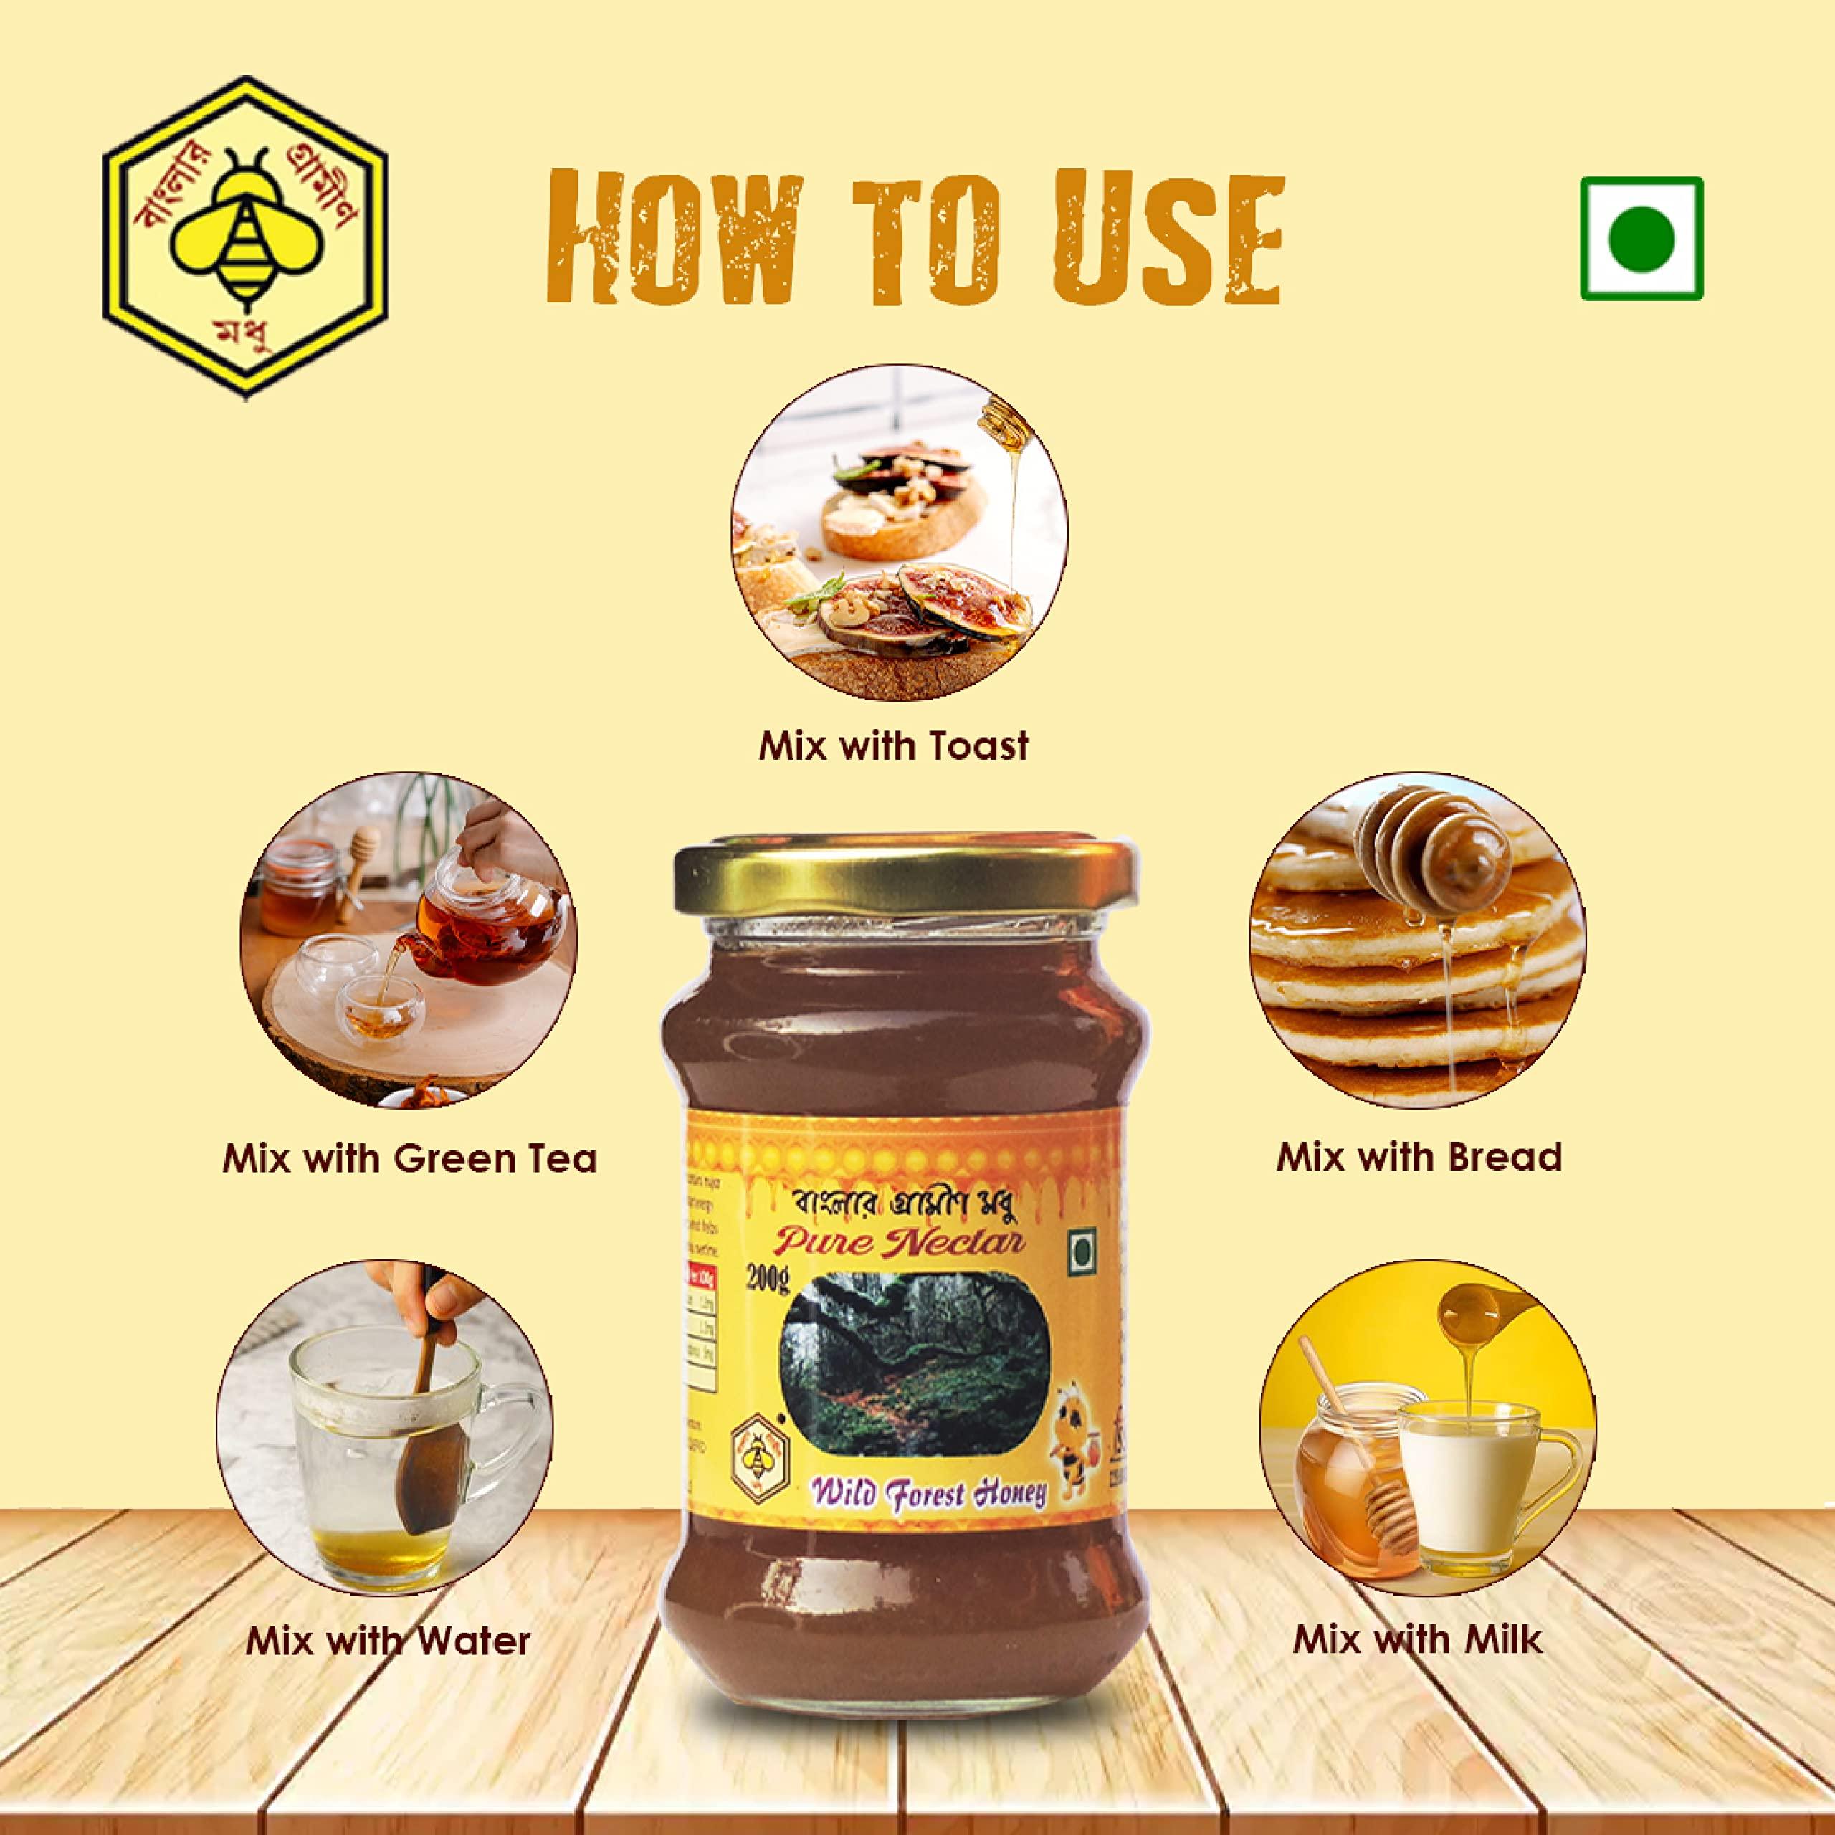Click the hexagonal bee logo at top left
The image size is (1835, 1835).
244,237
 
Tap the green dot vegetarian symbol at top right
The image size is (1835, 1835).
1641,239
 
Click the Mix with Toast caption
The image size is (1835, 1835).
893,745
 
